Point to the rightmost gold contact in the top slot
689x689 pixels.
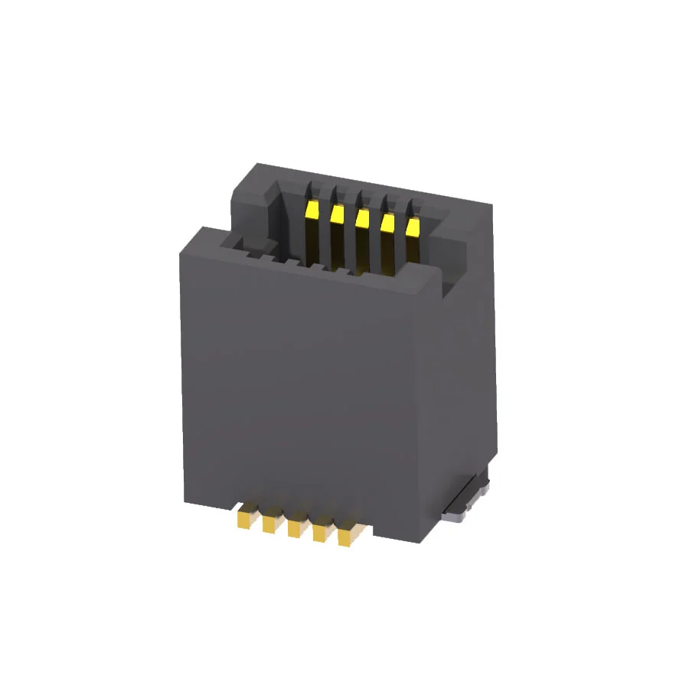pos(413,227)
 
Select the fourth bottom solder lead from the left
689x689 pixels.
pos(320,533)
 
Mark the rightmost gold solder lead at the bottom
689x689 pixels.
pos(346,537)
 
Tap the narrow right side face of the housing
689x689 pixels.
pos(467,367)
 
